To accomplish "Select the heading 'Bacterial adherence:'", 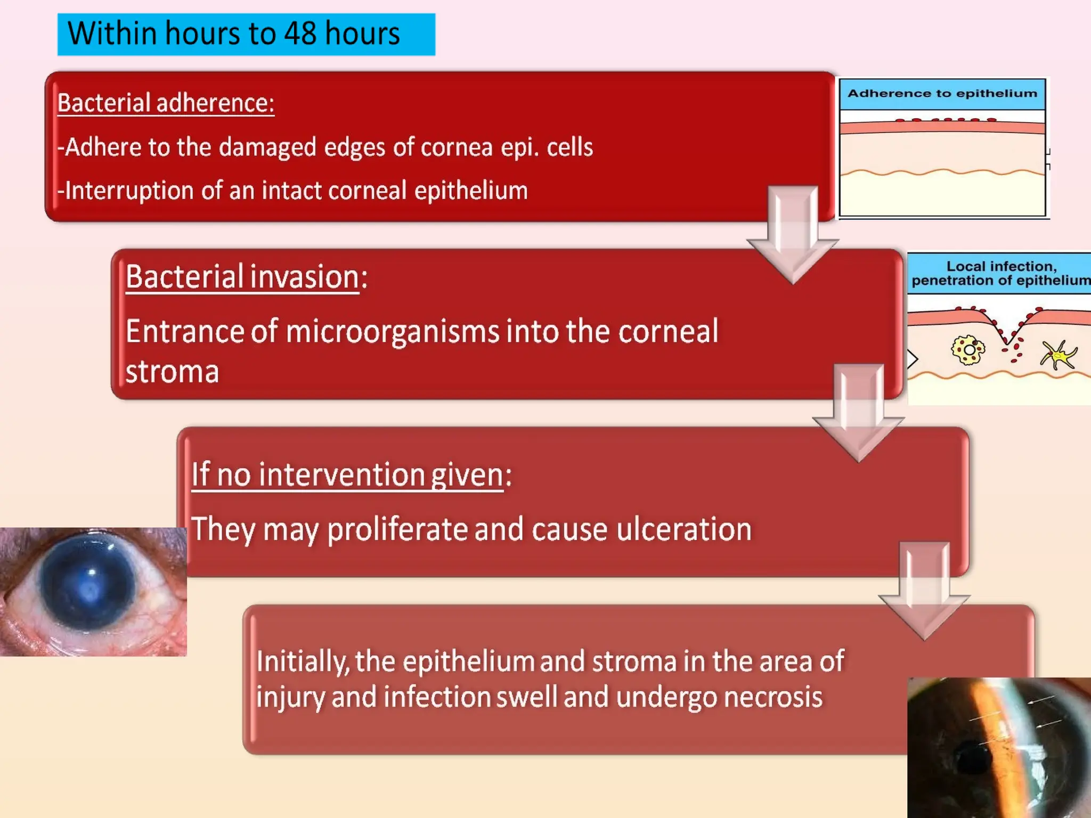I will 166,103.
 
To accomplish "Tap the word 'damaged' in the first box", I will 267,148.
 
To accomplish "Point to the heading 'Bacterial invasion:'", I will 246,277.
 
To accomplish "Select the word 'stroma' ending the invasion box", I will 172,372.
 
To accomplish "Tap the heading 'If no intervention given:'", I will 351,474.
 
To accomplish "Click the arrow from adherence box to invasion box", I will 792,234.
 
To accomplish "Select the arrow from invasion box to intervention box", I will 858,413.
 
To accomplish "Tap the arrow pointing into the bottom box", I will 924,591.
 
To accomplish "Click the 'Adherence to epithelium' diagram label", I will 942,94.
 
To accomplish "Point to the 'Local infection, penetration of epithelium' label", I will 1000,273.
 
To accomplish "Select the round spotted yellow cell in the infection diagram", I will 967,350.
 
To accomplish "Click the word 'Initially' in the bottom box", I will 302,662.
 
